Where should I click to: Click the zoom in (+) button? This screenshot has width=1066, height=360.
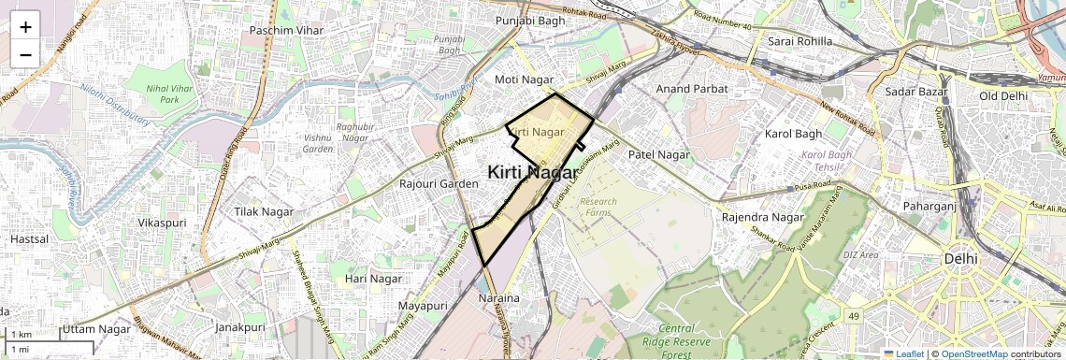[x=25, y=27]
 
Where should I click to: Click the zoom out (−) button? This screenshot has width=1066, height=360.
[x=25, y=55]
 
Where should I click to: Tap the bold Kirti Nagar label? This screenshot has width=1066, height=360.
[x=532, y=172]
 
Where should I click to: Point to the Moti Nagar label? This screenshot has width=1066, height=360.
[x=525, y=80]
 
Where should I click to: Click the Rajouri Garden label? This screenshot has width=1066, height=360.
[x=439, y=183]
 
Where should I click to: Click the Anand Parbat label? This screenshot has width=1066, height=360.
[x=691, y=89]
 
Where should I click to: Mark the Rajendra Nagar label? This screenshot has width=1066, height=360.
[x=763, y=218]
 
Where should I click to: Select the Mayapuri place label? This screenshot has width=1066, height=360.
[x=423, y=306]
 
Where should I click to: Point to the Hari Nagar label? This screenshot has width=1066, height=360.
[x=373, y=279]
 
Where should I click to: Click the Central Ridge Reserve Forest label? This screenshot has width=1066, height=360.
[x=689, y=341]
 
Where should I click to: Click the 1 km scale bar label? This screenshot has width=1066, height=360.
[x=22, y=335]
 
